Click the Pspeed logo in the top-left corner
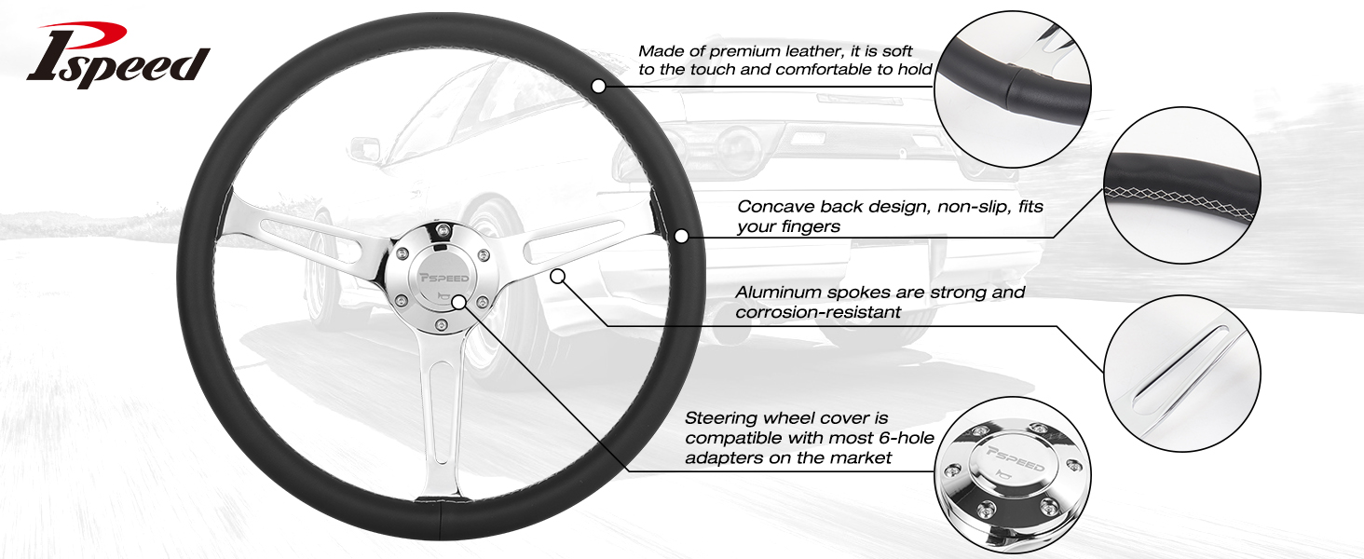(118, 55)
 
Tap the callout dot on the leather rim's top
(598, 87)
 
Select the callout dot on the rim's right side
(681, 236)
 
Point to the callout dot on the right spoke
(557, 277)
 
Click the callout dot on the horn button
(459, 303)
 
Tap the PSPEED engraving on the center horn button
(444, 279)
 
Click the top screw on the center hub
(444, 230)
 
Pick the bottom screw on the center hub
(441, 326)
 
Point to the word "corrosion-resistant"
(818, 312)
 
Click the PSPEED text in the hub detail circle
(1016, 458)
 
